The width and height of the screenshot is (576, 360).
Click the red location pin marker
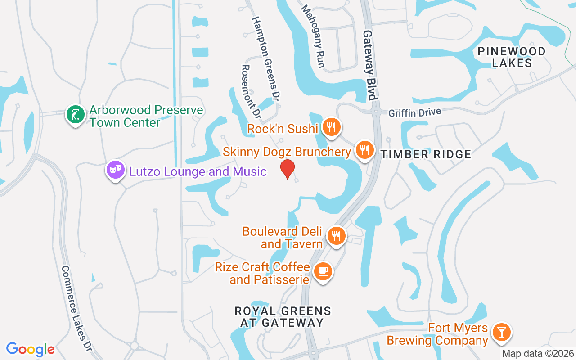tap(288, 169)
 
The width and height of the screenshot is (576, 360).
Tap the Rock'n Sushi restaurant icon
tap(331, 128)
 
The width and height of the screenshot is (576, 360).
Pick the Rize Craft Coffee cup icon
tap(323, 271)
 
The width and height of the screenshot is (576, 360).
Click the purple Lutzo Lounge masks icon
tap(116, 170)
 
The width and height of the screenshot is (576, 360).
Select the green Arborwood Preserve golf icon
tap(75, 114)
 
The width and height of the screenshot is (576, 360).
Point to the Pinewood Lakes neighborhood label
tap(512, 57)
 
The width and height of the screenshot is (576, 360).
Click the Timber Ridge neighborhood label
tap(426, 155)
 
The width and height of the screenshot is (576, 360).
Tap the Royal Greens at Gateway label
tap(283, 317)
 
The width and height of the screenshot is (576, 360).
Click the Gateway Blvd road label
tap(369, 65)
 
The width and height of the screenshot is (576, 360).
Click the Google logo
tap(30, 349)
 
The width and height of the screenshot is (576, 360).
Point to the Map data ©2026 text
tap(538, 353)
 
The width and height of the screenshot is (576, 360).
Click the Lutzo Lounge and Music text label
tap(198, 171)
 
